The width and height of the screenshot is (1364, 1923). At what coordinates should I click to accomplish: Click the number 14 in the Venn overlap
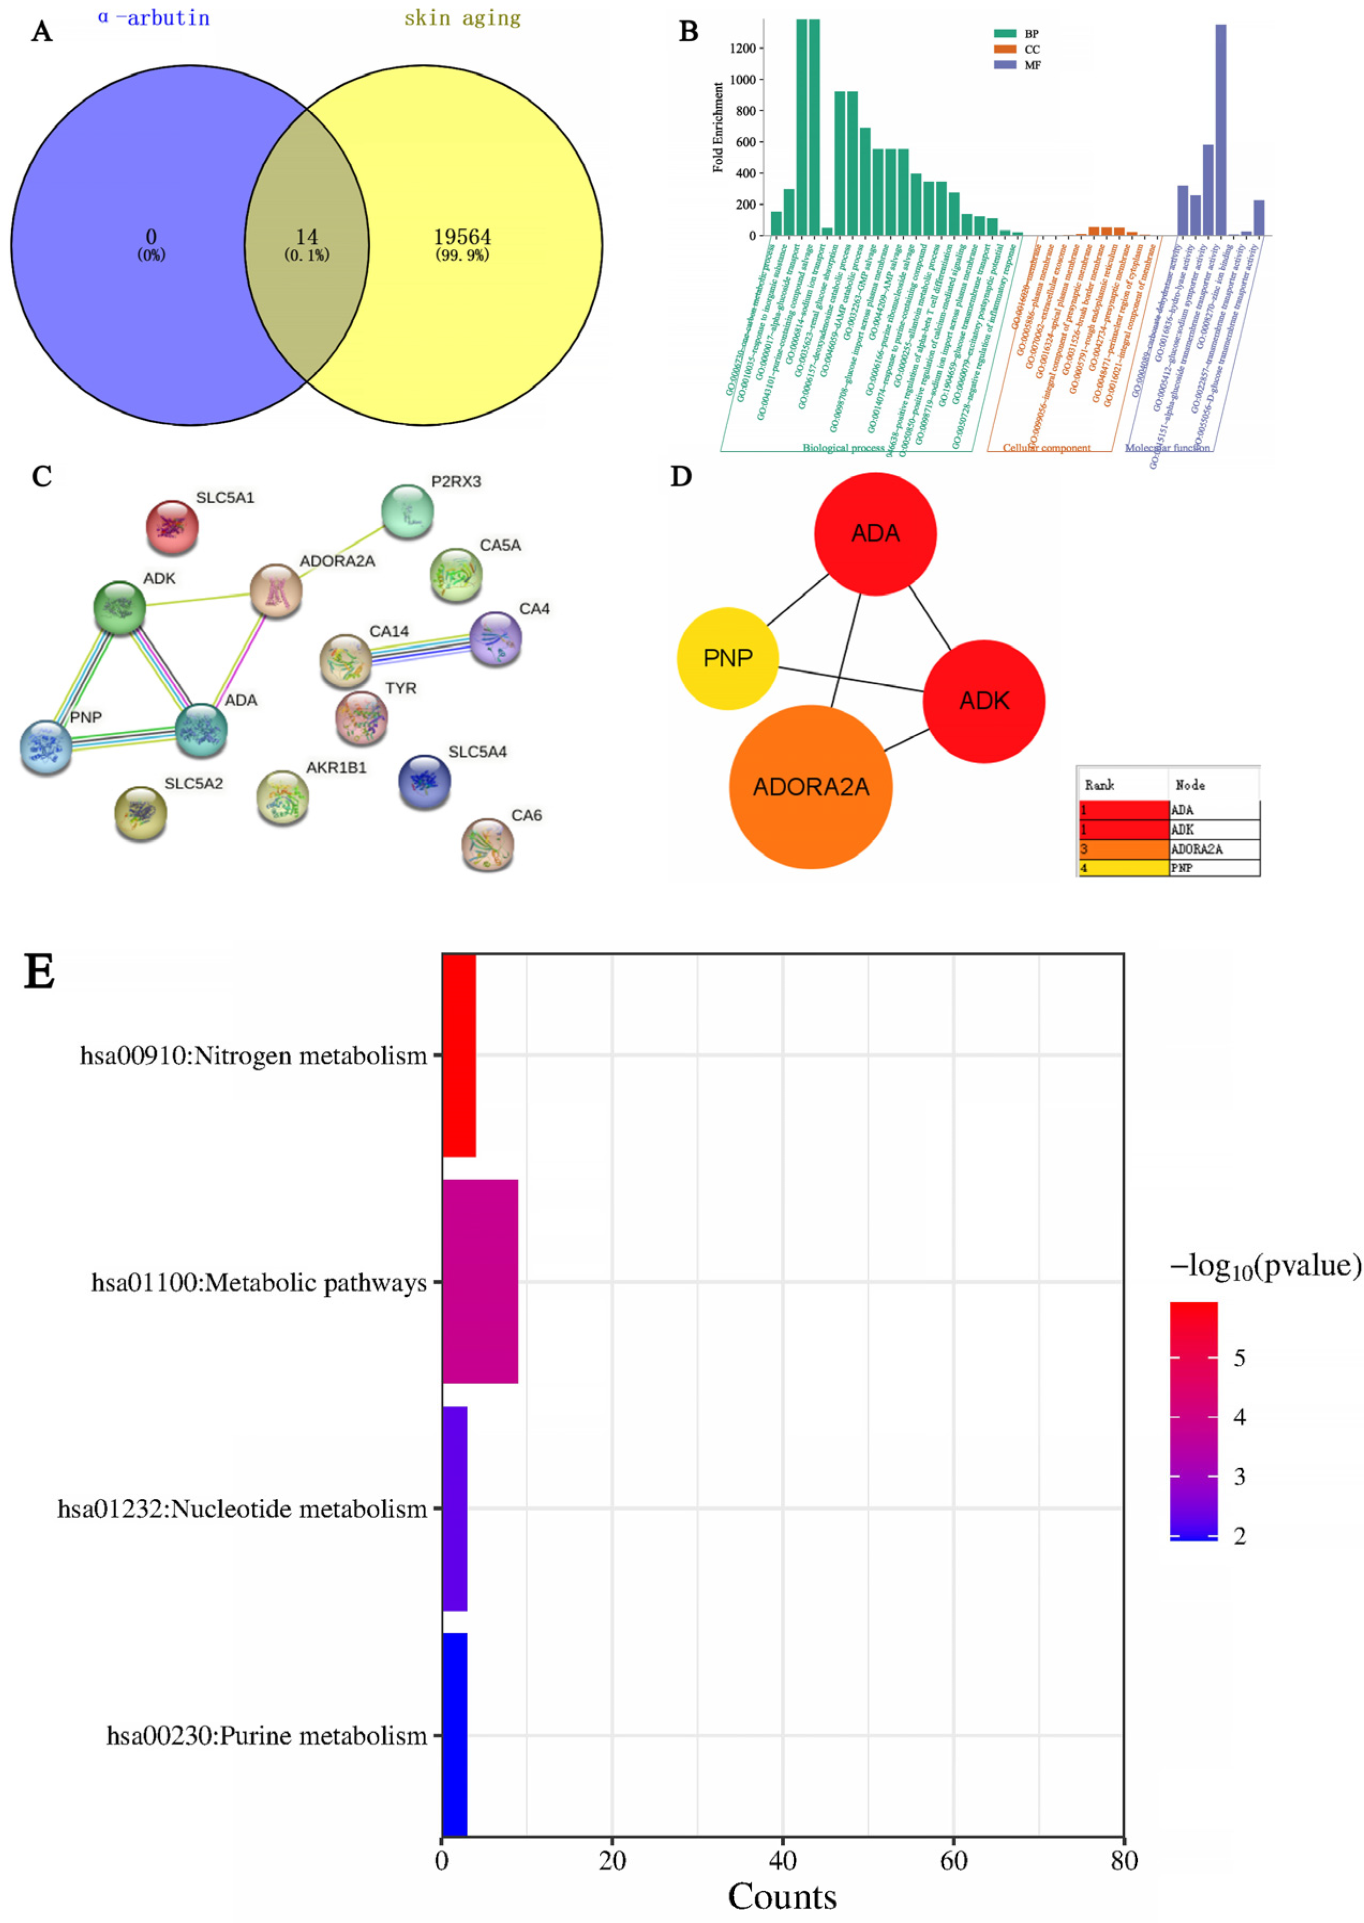pos(307,237)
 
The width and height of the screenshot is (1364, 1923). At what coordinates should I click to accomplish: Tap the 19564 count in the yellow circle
pos(462,237)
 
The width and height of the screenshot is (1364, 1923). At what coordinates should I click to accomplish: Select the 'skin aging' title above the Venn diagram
pos(462,18)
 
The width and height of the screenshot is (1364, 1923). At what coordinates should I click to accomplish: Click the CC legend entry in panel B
pos(1031,49)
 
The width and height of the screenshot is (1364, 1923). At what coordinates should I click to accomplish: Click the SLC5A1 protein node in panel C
pos(172,527)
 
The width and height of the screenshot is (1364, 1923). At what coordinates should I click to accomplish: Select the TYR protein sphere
pos(361,717)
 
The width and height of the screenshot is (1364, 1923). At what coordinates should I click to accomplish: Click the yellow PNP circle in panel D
pos(727,658)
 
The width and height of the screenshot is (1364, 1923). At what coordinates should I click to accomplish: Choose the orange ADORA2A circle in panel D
pos(810,786)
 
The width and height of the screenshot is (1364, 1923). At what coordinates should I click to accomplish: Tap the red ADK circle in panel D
pos(983,701)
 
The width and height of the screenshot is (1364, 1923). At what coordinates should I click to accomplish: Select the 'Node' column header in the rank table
pos(1190,785)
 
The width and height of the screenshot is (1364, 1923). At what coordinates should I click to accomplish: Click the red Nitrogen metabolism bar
pos(459,1055)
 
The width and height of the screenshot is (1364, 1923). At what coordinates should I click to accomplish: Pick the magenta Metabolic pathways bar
pos(480,1282)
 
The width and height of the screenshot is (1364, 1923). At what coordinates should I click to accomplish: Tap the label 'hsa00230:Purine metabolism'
pos(266,1736)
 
